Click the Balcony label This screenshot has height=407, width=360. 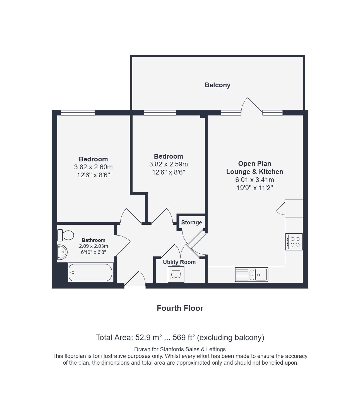point(217,85)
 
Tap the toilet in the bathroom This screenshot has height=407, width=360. point(66,235)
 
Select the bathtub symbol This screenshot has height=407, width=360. point(90,273)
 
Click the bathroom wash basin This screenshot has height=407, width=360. point(62,252)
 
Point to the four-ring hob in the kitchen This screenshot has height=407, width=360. point(294,242)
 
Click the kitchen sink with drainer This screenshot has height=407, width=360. point(252,274)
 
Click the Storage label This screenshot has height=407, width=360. point(191,222)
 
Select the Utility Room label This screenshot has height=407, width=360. point(179,262)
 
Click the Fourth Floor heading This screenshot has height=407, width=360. point(180,308)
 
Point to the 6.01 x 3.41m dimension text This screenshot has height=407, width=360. point(255,180)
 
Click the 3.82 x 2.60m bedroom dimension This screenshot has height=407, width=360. point(93,167)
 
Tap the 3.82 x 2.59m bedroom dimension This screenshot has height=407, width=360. point(169,164)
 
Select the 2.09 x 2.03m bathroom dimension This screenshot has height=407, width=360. point(93,246)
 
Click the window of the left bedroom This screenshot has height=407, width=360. point(78,113)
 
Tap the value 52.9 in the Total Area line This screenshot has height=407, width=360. point(143,338)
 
